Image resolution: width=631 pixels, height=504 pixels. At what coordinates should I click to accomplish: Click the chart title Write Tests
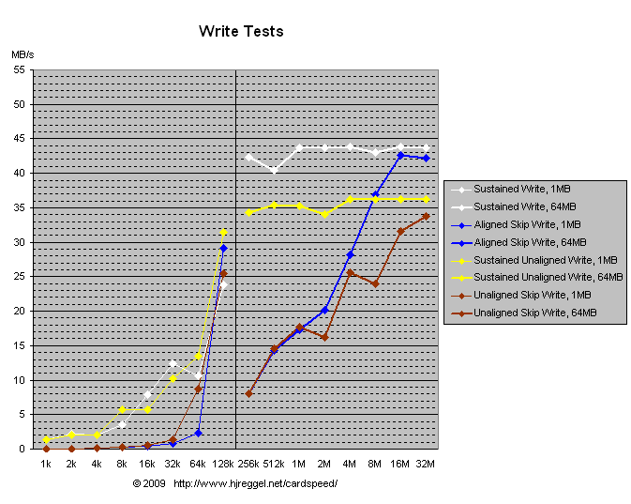tap(241, 31)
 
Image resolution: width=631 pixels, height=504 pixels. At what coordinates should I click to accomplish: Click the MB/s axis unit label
tap(23, 55)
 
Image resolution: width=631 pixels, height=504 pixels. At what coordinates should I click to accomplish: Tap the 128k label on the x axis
tap(223, 464)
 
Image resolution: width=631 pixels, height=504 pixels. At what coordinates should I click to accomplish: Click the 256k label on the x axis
tap(248, 464)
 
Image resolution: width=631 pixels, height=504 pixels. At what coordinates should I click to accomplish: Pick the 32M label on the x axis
tap(426, 464)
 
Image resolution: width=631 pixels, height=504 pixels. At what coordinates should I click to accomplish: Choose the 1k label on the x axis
tap(46, 464)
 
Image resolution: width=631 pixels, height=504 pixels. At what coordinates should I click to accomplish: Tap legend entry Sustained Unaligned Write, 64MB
tap(548, 278)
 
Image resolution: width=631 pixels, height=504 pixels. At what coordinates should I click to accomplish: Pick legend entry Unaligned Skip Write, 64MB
tap(534, 313)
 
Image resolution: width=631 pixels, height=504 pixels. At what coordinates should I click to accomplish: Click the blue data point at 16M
tap(400, 156)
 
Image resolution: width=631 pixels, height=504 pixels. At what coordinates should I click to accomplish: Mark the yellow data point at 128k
tap(223, 232)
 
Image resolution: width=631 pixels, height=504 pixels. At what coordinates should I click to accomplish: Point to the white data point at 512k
tap(274, 171)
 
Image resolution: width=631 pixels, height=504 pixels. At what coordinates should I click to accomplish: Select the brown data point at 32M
tap(426, 216)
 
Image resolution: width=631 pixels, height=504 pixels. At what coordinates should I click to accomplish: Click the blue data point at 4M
tap(350, 254)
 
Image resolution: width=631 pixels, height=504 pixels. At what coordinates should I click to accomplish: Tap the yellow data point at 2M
tap(324, 215)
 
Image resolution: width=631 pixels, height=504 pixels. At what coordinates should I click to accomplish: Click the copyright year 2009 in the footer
tap(155, 483)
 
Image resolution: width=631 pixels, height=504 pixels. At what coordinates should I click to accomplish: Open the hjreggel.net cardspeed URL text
tap(255, 483)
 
